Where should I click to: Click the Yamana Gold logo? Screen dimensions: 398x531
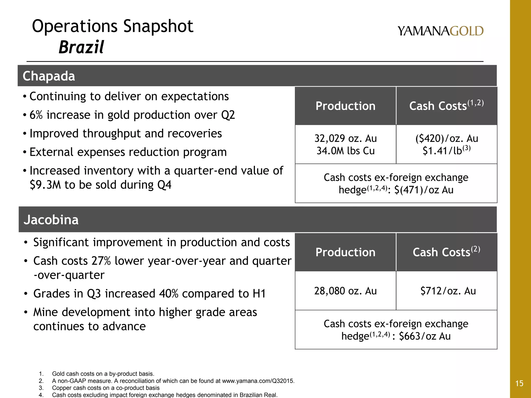pos(441,31)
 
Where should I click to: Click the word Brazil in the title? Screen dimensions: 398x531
pos(81,47)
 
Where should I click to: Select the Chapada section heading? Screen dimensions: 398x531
pos(49,76)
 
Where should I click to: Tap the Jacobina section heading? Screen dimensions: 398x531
pos(51,220)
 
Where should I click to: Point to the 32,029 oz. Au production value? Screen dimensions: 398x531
pos(345,139)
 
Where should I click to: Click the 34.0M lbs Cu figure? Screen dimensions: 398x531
pos(345,151)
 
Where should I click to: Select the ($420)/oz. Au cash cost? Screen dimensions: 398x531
pos(446,139)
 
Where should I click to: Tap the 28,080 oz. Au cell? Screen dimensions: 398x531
pos(345,291)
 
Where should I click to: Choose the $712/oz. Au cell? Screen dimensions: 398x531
pos(448,291)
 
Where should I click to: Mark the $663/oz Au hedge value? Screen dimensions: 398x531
pos(425,336)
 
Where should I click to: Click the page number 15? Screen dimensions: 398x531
pos(519,383)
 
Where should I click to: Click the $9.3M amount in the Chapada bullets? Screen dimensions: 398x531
pos(45,185)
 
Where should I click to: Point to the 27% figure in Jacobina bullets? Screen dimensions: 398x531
pos(101,261)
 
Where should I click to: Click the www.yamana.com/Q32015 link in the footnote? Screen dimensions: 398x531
pos(258,381)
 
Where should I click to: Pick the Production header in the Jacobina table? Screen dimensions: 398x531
pos(345,252)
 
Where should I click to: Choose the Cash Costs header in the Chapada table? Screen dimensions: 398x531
pos(446,106)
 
